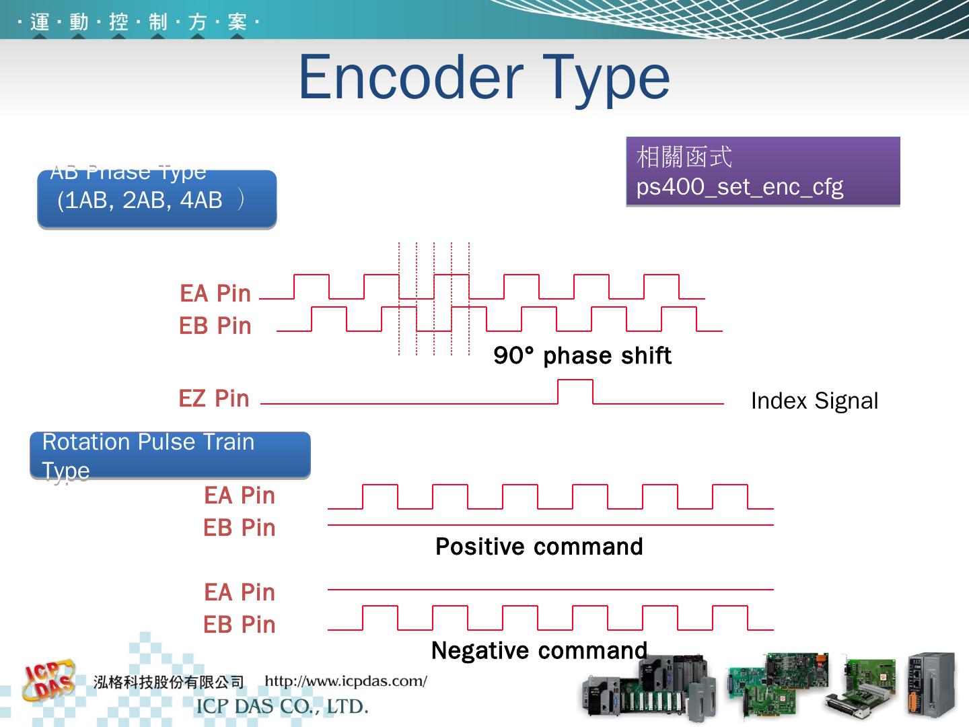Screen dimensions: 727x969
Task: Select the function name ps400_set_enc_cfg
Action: (740, 186)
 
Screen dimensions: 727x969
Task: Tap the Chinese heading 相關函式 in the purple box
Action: (684, 157)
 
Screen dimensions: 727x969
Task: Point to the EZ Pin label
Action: (214, 399)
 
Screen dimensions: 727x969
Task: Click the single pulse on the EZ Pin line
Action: (575, 391)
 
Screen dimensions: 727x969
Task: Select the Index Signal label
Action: (814, 401)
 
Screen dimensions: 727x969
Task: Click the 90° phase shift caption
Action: (582, 355)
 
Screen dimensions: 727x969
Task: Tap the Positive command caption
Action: (539, 547)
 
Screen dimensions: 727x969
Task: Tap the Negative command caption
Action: (539, 650)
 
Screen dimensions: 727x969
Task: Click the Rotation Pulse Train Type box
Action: (170, 455)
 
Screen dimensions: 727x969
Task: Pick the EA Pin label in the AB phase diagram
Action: (215, 293)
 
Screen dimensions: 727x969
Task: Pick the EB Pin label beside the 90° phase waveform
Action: (215, 326)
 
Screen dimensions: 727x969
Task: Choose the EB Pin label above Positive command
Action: (240, 528)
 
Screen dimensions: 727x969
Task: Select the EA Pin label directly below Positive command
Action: (240, 592)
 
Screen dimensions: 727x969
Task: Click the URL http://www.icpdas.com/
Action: (346, 681)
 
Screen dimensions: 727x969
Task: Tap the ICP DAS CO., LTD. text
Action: (282, 707)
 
